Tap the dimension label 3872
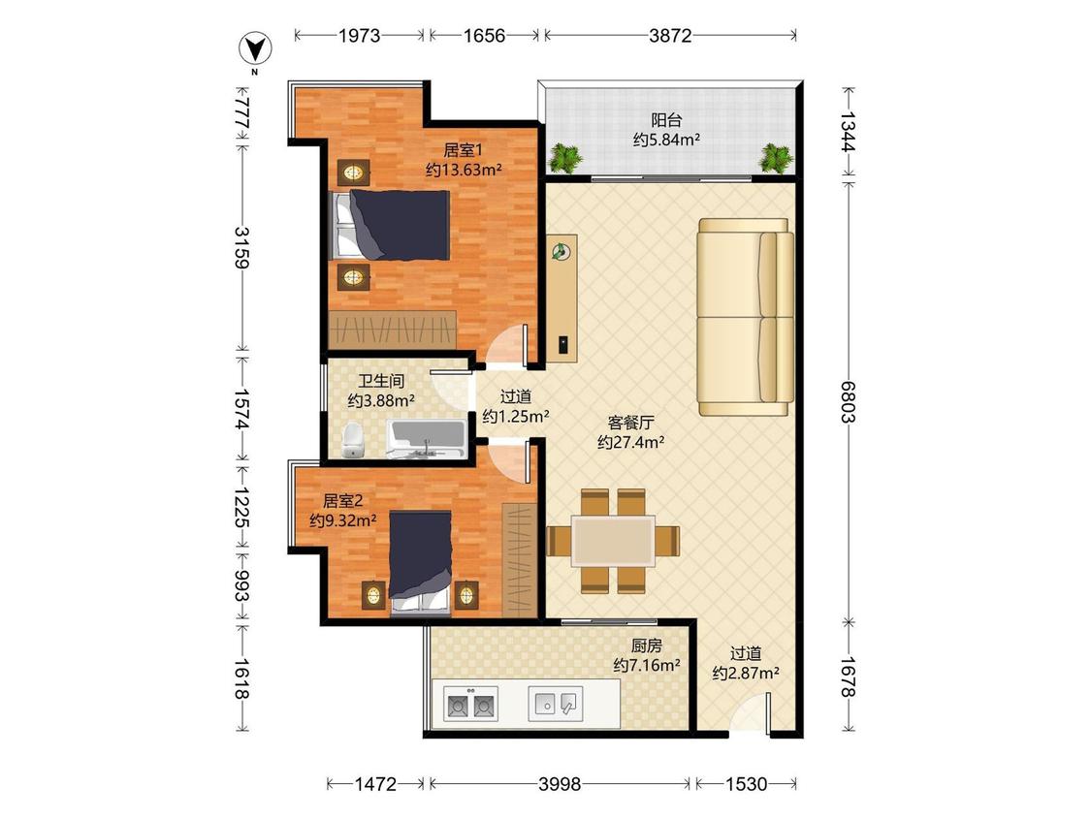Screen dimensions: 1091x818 coord(670,36)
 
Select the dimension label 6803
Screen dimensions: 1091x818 coord(848,401)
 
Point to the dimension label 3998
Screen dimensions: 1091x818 coord(560,784)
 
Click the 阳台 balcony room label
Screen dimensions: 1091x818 coord(666,120)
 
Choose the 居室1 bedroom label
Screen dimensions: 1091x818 coord(464,150)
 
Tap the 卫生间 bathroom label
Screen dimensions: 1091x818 coord(381,381)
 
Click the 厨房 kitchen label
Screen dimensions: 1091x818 coord(647,646)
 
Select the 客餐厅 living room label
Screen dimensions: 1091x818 coord(631,423)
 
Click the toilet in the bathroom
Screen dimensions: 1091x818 coord(353,440)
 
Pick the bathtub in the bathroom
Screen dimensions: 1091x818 coord(426,440)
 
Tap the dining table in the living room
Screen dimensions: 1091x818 coord(612,541)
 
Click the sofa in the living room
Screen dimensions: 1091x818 coord(746,317)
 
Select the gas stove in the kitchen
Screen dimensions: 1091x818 coord(470,705)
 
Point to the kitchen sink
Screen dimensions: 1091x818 coord(556,704)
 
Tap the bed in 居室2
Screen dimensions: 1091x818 coord(420,563)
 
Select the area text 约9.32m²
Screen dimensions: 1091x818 coord(343,520)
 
